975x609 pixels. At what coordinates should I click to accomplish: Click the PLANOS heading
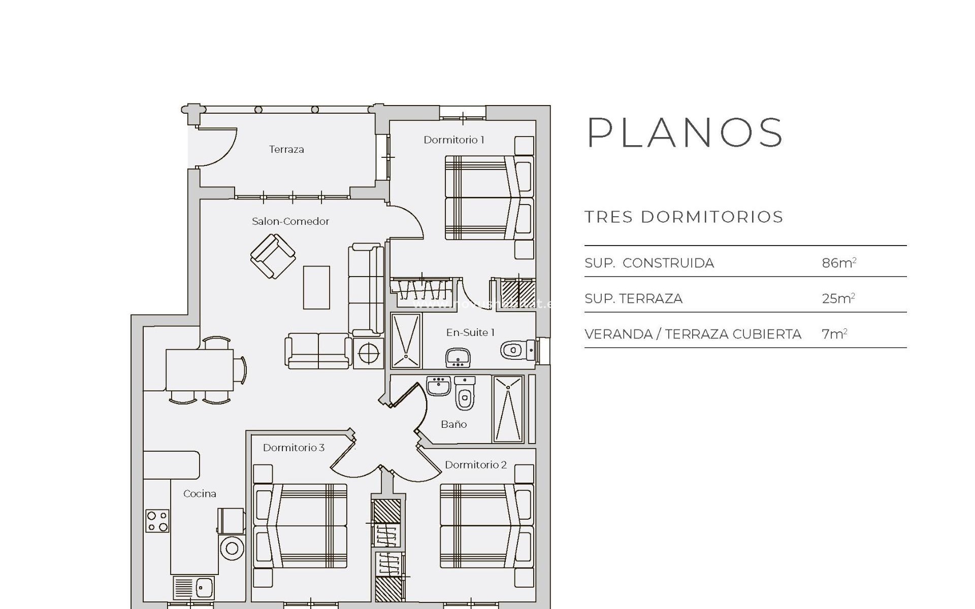[685, 133]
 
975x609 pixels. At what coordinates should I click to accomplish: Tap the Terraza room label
[286, 149]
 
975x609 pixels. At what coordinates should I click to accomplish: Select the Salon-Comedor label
[290, 221]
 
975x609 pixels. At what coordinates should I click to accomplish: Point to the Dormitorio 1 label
[454, 140]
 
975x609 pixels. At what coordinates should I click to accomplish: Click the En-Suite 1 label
[470, 332]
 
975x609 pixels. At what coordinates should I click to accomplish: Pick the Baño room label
[453, 424]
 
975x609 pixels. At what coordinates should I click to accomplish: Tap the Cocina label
[200, 493]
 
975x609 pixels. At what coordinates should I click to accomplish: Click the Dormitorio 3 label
[294, 448]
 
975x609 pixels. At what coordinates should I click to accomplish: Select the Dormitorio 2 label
[476, 465]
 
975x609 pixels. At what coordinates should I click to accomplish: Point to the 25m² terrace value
[838, 298]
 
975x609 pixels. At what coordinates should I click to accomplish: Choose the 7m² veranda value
[834, 333]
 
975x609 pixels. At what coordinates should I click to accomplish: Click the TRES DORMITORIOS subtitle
[684, 217]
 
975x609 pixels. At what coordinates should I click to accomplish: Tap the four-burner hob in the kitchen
[157, 521]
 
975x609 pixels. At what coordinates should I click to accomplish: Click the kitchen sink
[205, 588]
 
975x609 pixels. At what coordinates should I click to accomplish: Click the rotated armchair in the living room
[273, 256]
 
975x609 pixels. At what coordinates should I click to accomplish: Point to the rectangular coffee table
[316, 287]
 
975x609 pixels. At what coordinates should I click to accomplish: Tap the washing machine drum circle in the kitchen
[232, 548]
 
